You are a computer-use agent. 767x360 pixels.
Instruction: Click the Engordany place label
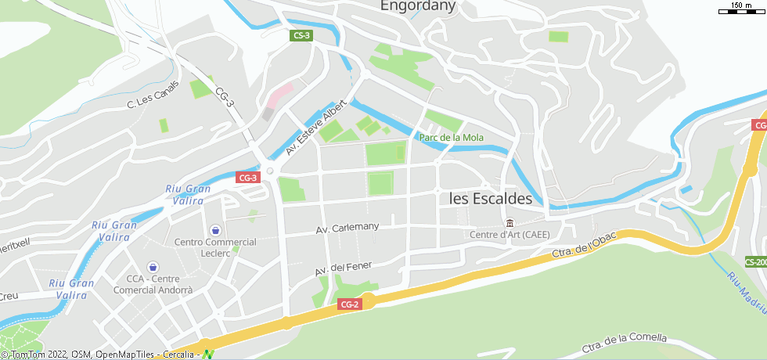coord(417,5)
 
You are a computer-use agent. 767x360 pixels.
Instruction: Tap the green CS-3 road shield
coord(301,35)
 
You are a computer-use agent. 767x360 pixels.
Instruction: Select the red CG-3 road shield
coord(247,178)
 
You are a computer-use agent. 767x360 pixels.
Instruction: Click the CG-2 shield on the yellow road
coord(350,304)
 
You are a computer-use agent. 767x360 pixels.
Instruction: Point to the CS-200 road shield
coord(755,262)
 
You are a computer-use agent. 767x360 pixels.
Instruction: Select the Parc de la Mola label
coord(452,138)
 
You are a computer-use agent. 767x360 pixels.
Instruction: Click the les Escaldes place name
coord(491,199)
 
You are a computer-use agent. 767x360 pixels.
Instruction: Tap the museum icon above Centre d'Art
coord(510,223)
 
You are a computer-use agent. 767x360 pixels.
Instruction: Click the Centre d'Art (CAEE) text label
coord(510,235)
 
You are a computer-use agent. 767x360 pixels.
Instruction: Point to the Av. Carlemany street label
coord(347,228)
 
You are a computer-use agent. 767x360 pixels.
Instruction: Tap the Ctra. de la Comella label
coord(624,343)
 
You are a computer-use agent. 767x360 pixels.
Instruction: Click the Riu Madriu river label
coord(745,293)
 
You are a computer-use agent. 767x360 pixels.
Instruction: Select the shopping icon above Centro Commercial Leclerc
coord(215,230)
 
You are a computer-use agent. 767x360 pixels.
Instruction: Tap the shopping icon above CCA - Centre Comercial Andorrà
coord(153,267)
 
